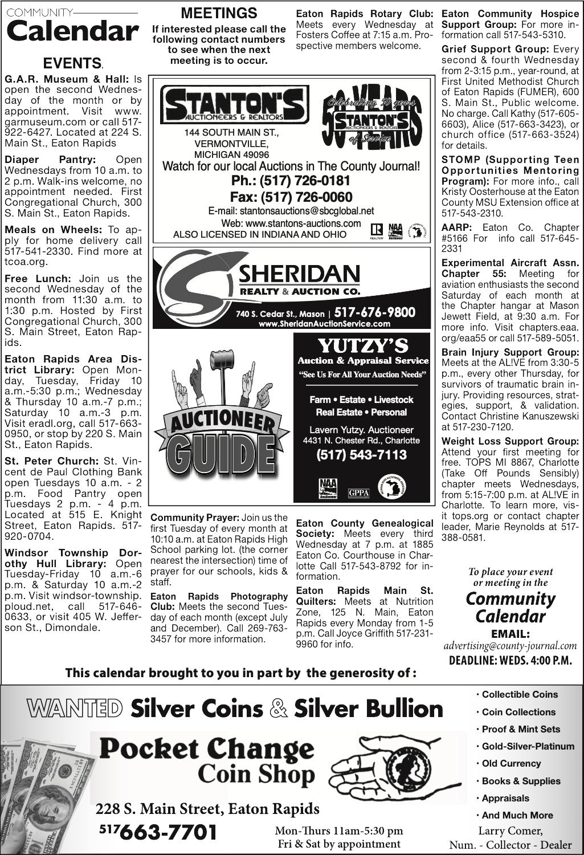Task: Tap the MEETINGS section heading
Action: [219, 13]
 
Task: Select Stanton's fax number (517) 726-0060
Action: [291, 197]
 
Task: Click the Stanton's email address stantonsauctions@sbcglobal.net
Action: [291, 211]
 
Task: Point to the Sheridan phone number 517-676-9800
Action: [374, 312]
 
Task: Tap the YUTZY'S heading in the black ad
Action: [363, 345]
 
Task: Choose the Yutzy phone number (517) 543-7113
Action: [362, 454]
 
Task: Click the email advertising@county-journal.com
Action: [511, 646]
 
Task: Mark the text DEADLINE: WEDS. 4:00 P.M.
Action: [511, 660]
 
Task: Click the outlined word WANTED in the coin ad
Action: [75, 709]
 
